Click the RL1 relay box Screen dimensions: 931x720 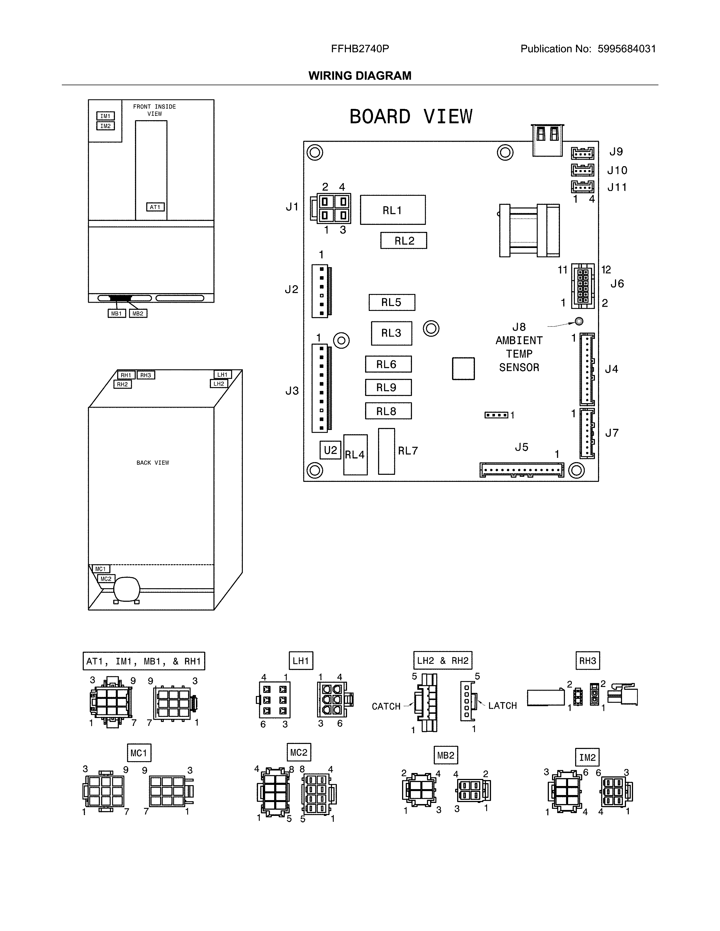click(392, 210)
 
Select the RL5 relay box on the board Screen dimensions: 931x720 click(392, 302)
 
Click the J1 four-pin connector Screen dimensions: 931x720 click(333, 208)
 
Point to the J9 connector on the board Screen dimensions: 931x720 click(582, 153)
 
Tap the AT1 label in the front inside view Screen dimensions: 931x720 click(155, 207)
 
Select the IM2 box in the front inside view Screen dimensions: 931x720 click(105, 126)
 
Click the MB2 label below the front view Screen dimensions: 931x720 click(138, 314)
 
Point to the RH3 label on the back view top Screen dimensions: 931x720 click(146, 375)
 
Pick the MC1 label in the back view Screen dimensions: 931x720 click(100, 569)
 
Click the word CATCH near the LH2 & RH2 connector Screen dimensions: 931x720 click(386, 706)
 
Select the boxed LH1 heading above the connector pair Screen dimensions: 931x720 click(301, 661)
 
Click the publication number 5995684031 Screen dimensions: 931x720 click(626, 49)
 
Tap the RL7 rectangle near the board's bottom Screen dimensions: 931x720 click(387, 451)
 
